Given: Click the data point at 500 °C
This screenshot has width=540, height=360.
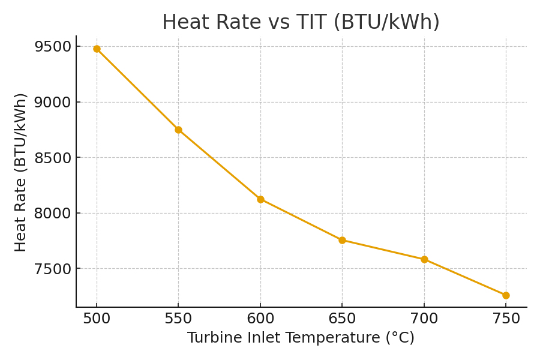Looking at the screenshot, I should [97, 49].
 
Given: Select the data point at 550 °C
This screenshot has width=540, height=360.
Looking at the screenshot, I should [178, 130].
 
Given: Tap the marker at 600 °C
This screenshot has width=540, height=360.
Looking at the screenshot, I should [260, 199].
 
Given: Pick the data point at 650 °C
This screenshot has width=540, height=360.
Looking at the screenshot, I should [342, 240].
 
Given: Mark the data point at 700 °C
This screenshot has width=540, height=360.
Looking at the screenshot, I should [424, 259].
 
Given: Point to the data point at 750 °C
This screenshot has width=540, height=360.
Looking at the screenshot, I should [506, 295].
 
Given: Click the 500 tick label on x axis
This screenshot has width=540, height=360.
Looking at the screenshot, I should [97, 319].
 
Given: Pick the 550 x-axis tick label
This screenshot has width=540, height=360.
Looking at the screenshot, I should [178, 319].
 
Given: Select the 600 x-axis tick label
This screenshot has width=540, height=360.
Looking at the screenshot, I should [260, 319].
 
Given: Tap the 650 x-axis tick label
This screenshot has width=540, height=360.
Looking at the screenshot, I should [342, 319].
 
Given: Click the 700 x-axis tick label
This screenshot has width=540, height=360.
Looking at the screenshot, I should [424, 319].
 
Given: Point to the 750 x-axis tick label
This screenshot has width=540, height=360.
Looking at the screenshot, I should [506, 319].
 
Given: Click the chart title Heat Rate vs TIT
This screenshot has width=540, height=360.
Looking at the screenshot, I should [301, 23].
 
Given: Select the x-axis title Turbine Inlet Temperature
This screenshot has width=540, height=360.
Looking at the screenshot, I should [301, 338].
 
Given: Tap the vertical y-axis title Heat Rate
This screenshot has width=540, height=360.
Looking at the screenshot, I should [21, 172].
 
